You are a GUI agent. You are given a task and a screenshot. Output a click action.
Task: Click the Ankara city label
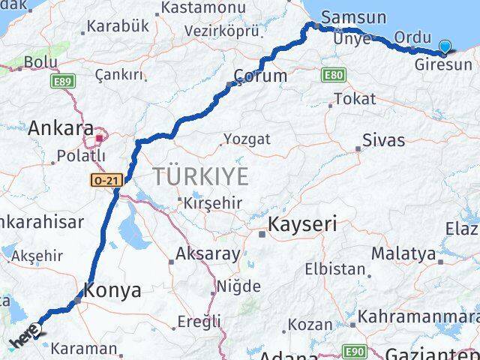tap(61, 128)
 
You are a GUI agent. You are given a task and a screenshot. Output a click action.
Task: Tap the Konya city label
tap(112, 290)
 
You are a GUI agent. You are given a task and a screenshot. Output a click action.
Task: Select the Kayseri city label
tap(303, 223)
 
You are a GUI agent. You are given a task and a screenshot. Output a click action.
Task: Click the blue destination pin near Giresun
tap(445, 47)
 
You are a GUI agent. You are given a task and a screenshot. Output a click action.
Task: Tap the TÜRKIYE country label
tap(200, 177)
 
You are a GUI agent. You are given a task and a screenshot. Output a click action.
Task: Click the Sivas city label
tap(383, 140)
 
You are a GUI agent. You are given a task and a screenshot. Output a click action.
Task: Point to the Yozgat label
tap(247, 139)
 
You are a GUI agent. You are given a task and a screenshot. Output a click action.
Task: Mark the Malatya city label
tap(403, 253)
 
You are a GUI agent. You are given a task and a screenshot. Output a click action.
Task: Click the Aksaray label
tap(208, 253)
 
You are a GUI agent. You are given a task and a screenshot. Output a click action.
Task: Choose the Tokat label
tap(355, 98)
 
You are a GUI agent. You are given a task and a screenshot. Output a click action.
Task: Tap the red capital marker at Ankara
tap(99, 138)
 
